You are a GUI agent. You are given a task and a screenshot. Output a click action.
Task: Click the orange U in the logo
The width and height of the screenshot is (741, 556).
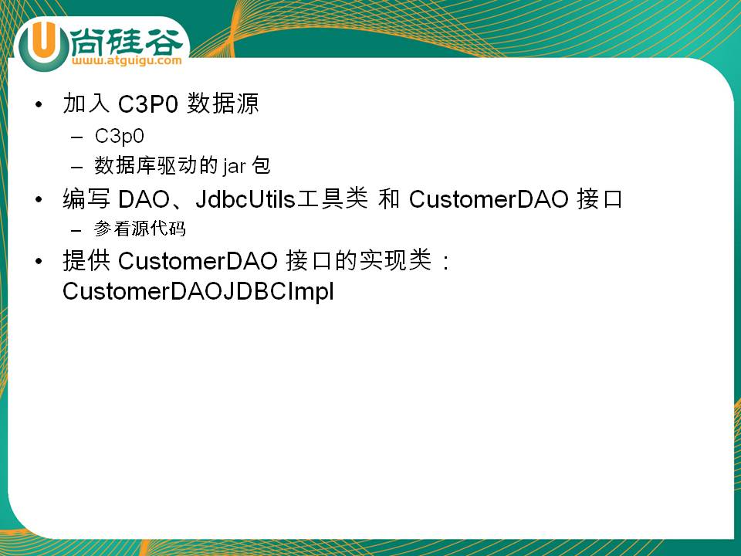click(x=42, y=41)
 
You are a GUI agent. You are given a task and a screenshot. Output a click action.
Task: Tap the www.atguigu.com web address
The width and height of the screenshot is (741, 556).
click(x=127, y=60)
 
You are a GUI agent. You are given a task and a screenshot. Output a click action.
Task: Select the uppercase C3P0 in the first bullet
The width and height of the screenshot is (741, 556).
click(x=147, y=104)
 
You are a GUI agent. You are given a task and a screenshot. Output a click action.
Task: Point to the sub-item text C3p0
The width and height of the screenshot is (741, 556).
click(x=119, y=136)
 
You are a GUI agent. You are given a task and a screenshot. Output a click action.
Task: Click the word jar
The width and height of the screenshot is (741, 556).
click(x=235, y=167)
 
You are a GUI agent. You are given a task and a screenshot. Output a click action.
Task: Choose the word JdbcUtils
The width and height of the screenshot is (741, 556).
click(x=245, y=199)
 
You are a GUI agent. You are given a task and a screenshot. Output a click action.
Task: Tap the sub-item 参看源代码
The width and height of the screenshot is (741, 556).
click(x=140, y=229)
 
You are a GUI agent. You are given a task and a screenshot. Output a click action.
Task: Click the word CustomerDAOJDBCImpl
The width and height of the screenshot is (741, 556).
click(x=198, y=291)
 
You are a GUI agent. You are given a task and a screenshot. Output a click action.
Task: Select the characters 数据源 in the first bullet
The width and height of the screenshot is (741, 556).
click(x=222, y=103)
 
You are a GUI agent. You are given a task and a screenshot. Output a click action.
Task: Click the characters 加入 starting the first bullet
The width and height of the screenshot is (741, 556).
click(x=86, y=103)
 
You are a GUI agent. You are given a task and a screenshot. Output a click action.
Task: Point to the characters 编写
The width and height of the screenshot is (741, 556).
click(x=86, y=199)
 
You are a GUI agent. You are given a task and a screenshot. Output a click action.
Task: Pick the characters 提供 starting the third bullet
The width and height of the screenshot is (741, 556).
click(x=86, y=260)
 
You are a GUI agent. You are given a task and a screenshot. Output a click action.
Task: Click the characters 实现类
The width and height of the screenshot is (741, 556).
click(x=395, y=260)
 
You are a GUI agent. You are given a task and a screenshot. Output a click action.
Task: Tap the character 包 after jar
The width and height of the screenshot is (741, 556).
click(x=261, y=165)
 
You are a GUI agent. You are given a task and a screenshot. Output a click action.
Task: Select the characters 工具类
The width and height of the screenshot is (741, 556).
click(x=332, y=198)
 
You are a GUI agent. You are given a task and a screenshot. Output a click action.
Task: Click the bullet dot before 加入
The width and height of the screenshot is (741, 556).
click(x=39, y=104)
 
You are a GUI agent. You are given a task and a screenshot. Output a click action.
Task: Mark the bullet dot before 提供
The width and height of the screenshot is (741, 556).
click(x=39, y=261)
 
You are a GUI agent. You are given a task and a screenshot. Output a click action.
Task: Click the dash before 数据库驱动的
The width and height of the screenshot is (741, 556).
click(x=76, y=167)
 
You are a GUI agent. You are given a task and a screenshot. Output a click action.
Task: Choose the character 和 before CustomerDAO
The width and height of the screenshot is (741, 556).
click(x=388, y=199)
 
